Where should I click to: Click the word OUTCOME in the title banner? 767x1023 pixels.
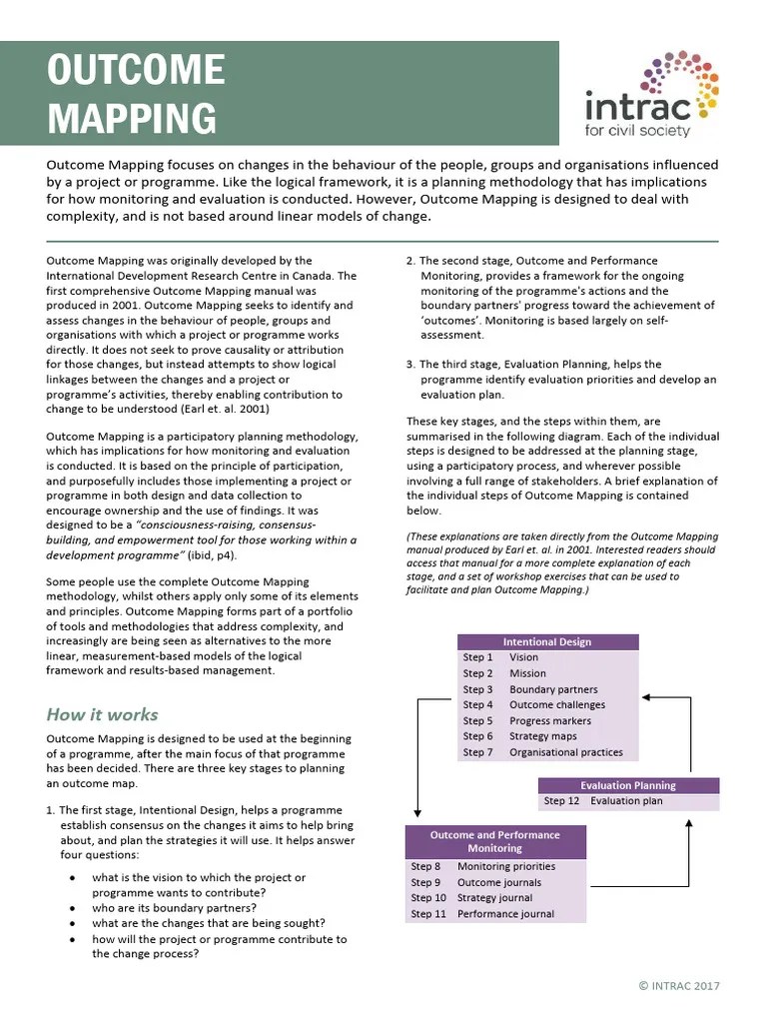137,71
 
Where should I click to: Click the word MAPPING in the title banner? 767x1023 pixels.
132,117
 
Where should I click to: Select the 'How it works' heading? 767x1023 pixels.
102,714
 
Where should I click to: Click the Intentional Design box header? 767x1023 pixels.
546,642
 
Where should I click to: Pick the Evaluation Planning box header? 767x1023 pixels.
628,785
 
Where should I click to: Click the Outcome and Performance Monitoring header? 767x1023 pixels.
494,841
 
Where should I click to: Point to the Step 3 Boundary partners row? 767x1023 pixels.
546,689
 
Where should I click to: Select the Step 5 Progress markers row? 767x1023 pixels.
546,721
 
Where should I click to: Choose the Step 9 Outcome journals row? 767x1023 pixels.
494,882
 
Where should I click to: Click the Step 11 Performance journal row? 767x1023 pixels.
494,914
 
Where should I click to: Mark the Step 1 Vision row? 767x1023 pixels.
546,657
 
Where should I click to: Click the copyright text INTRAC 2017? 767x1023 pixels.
678,986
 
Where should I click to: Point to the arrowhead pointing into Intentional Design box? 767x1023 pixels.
645,697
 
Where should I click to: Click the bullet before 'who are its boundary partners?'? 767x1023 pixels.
72,908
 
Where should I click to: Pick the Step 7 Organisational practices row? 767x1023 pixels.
546,752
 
